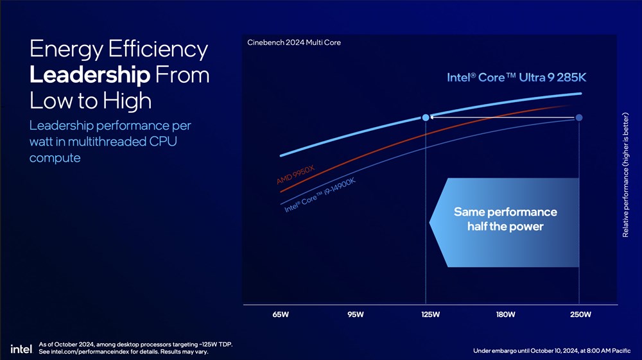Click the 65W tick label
[281, 314]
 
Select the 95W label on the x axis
[355, 314]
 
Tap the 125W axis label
[430, 314]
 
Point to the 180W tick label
[505, 314]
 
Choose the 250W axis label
[580, 314]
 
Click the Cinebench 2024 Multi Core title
[293, 43]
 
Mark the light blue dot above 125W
[426, 117]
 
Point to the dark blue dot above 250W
[579, 117]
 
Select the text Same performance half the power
[505, 219]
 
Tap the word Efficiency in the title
[158, 49]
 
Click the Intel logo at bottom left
[21, 348]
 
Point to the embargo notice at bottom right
[551, 350]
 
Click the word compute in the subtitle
[55, 158]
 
